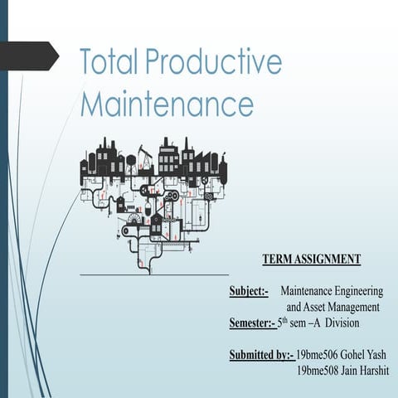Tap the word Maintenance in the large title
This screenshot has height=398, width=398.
(x=166, y=105)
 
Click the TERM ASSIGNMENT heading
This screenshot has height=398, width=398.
(x=311, y=260)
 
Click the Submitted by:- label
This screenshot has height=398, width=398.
(x=261, y=355)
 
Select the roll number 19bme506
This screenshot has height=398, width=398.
(x=318, y=355)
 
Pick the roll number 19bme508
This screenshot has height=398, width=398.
(x=318, y=370)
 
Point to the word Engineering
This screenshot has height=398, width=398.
(x=360, y=292)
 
